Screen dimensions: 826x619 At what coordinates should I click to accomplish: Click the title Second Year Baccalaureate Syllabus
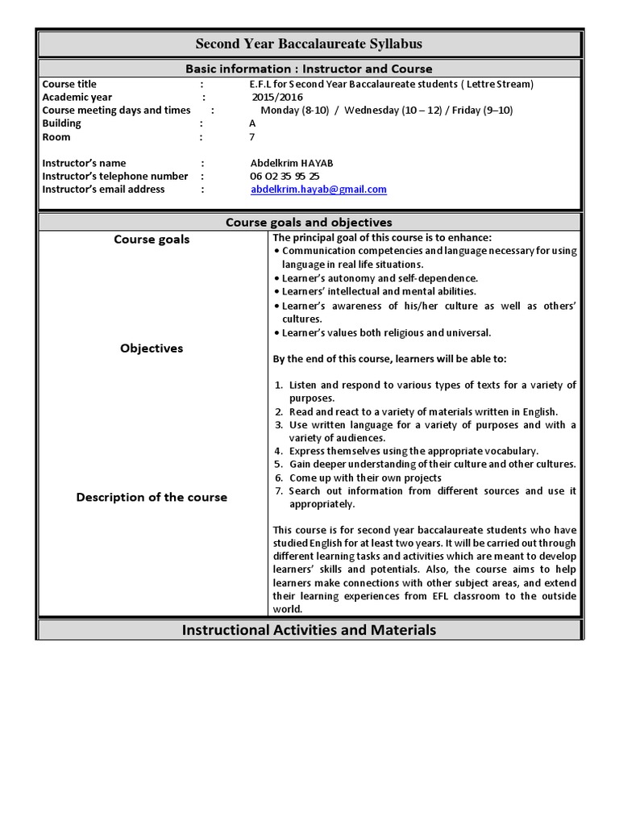(309, 44)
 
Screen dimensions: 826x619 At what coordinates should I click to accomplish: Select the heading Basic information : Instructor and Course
(309, 69)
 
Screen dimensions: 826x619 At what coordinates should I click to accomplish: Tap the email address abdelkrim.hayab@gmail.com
(318, 190)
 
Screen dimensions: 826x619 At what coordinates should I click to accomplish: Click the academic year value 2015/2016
(272, 98)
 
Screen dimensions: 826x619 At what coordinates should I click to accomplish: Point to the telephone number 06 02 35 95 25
(285, 177)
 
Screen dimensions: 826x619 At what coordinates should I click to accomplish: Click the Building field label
(62, 123)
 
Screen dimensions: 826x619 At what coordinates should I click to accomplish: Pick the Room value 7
(252, 137)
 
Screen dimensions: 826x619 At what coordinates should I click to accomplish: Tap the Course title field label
(69, 85)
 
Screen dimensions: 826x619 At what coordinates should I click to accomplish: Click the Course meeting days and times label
(116, 111)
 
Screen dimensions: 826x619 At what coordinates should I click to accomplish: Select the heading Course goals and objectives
(309, 222)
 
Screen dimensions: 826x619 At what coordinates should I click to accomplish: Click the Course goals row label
(152, 240)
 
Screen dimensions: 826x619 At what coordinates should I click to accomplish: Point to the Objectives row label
(152, 348)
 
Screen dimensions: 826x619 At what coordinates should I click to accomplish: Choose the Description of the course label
(152, 498)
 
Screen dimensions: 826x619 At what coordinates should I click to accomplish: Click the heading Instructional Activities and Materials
(309, 630)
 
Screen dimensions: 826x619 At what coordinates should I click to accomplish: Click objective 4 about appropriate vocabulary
(413, 451)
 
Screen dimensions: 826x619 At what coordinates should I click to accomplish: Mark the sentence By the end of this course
(389, 359)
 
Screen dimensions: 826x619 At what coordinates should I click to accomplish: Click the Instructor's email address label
(103, 190)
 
